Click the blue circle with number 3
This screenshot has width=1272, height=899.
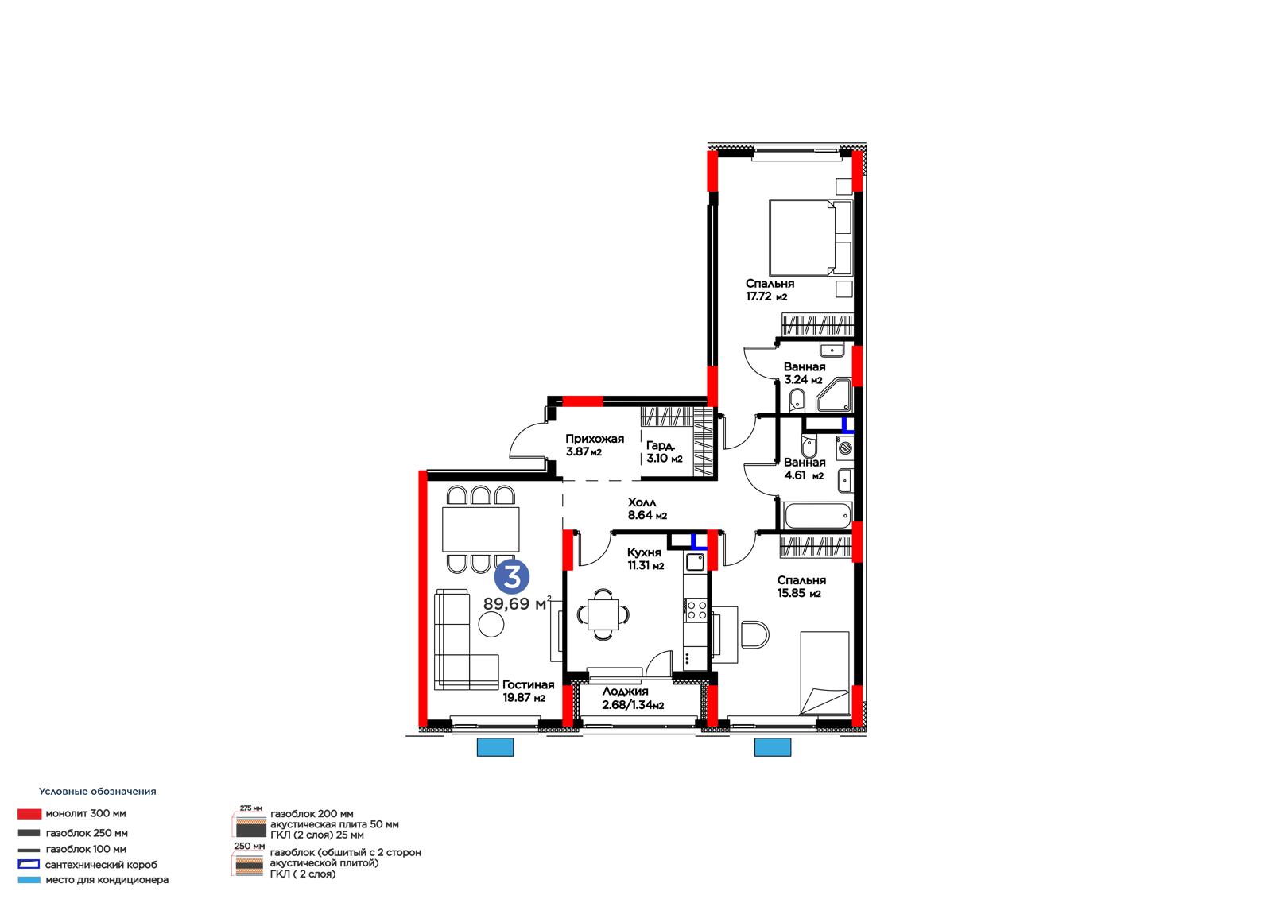point(512,577)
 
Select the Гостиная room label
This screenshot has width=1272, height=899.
point(528,685)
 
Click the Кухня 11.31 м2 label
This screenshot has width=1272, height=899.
point(646,559)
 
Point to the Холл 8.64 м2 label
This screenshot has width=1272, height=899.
point(647,509)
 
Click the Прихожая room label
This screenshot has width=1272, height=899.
point(595,439)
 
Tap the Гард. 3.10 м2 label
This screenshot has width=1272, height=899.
point(664,452)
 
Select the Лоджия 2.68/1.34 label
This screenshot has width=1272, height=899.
point(633,699)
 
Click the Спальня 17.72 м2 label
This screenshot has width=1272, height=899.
point(770,289)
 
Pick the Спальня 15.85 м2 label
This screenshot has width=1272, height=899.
point(801,587)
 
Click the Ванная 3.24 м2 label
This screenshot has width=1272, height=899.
point(804,373)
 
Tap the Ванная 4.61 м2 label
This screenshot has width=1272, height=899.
point(804,469)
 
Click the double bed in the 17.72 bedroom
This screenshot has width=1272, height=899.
point(810,238)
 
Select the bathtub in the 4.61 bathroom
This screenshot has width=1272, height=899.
point(816,516)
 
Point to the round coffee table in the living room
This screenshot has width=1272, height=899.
point(491,625)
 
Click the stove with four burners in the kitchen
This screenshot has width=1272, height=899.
point(696,610)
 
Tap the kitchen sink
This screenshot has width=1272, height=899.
point(695,562)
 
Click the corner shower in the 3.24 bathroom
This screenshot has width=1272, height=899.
point(835,395)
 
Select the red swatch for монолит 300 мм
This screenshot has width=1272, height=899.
point(29,814)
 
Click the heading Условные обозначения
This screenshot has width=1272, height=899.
point(98,792)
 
